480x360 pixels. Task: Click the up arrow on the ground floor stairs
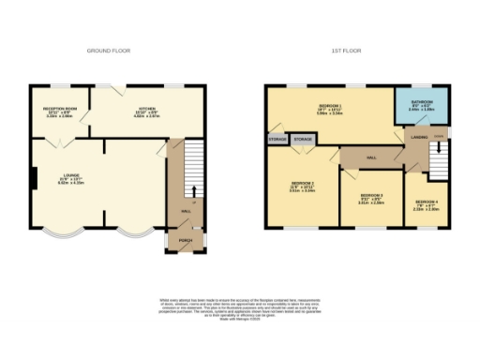193,190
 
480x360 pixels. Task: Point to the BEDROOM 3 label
372,198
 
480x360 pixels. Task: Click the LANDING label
418,137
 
